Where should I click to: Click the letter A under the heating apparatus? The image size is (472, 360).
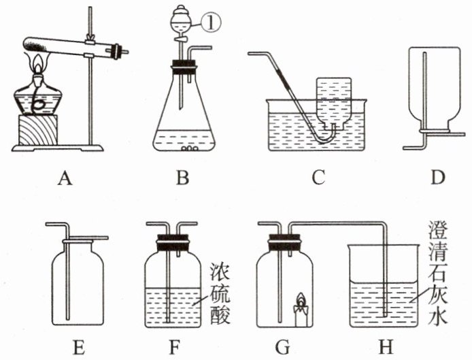(x=65, y=178)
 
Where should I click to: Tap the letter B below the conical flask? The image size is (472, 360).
(x=182, y=178)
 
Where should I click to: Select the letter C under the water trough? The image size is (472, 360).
(x=318, y=178)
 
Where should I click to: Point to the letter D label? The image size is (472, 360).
(x=437, y=178)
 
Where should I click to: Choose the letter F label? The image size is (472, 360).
(x=175, y=348)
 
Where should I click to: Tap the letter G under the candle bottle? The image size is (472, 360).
(x=283, y=348)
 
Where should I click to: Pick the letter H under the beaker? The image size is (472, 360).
(x=386, y=348)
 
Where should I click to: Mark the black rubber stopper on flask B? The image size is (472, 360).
(x=182, y=67)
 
